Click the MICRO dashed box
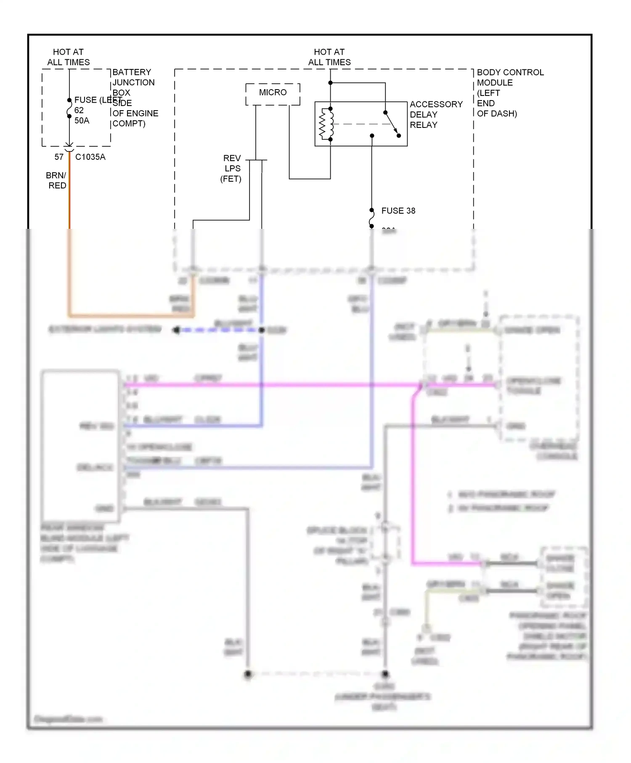click(x=273, y=94)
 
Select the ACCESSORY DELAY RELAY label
click(x=436, y=114)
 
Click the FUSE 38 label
click(x=398, y=211)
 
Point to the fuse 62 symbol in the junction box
click(x=69, y=109)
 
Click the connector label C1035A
click(x=90, y=157)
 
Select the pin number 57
click(x=59, y=157)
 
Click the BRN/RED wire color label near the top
click(x=56, y=180)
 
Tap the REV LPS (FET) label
click(x=231, y=168)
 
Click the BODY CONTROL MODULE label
click(x=509, y=93)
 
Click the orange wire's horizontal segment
click(x=130, y=315)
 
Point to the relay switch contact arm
click(x=392, y=124)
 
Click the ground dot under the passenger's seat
click(x=385, y=674)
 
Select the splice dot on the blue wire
click(x=262, y=330)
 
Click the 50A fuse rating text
click(x=82, y=121)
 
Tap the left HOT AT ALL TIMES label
click(x=68, y=57)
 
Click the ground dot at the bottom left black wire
click(x=248, y=674)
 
